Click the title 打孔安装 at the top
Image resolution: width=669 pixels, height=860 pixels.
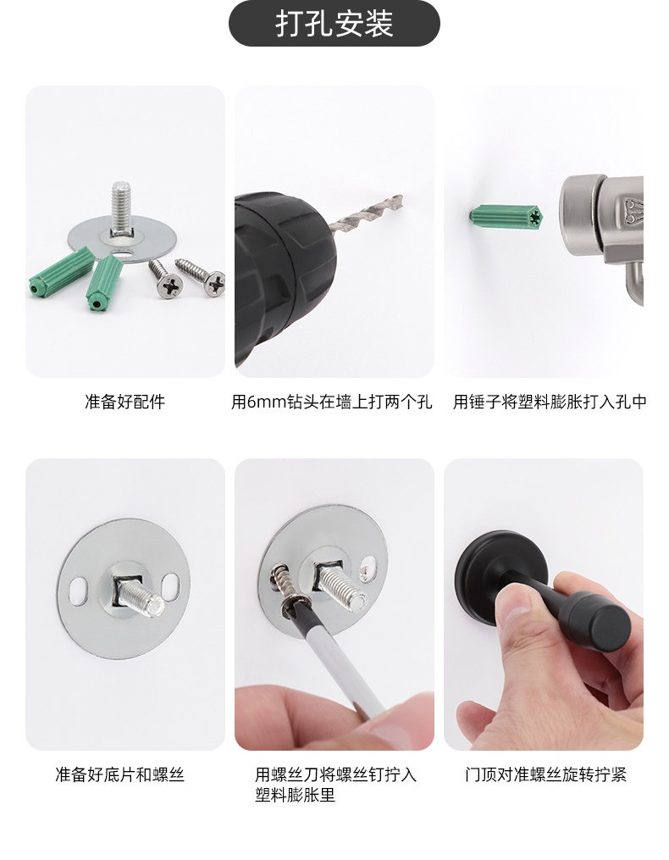(x=334, y=23)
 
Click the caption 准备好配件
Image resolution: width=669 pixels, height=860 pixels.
(x=125, y=402)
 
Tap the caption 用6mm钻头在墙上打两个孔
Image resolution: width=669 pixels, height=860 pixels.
(x=332, y=402)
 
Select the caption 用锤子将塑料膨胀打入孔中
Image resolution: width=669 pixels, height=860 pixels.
(x=550, y=402)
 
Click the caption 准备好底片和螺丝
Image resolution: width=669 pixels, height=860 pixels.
(x=119, y=774)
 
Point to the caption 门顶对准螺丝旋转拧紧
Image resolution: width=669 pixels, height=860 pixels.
(x=545, y=774)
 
